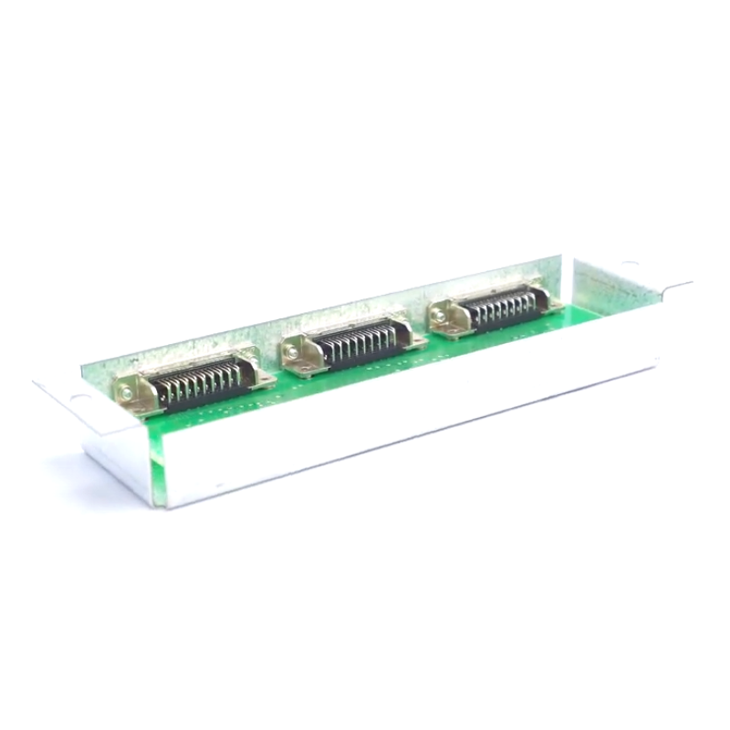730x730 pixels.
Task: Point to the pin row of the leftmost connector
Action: (195, 383)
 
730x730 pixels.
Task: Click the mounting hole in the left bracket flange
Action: (78, 399)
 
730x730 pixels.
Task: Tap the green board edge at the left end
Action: (157, 456)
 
